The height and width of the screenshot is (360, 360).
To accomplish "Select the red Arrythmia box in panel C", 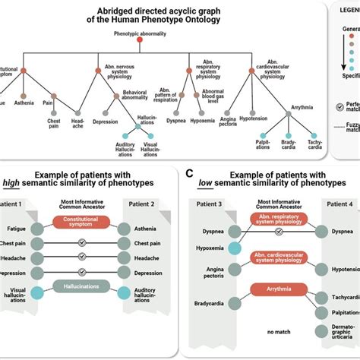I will (276, 287).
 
